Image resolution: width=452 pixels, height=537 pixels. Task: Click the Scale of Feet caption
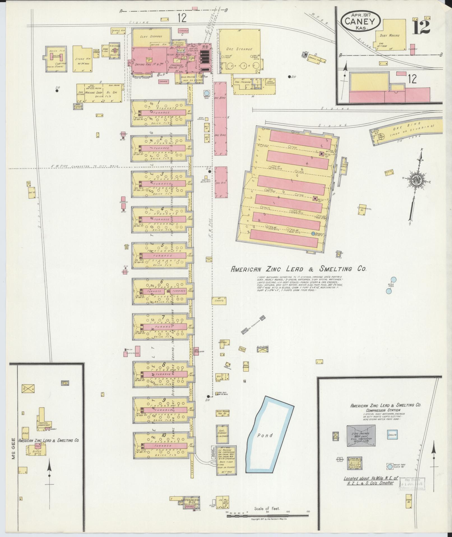267,508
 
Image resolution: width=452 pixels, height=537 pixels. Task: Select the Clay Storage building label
151,37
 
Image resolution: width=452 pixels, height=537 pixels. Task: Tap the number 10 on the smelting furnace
164,443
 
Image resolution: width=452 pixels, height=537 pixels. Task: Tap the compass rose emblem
417,180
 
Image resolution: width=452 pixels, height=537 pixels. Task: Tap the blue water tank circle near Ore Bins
207,93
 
